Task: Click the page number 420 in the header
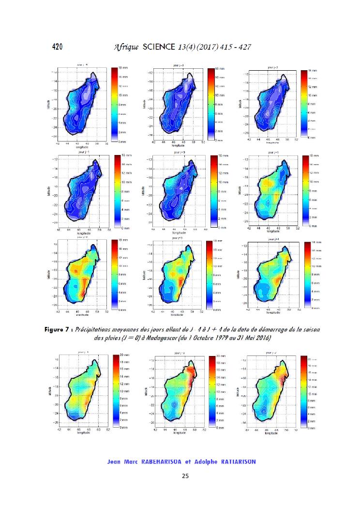pyautogui.click(x=59, y=47)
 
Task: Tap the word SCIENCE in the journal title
pyautogui.click(x=159, y=47)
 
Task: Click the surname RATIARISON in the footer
pyautogui.click(x=235, y=462)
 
